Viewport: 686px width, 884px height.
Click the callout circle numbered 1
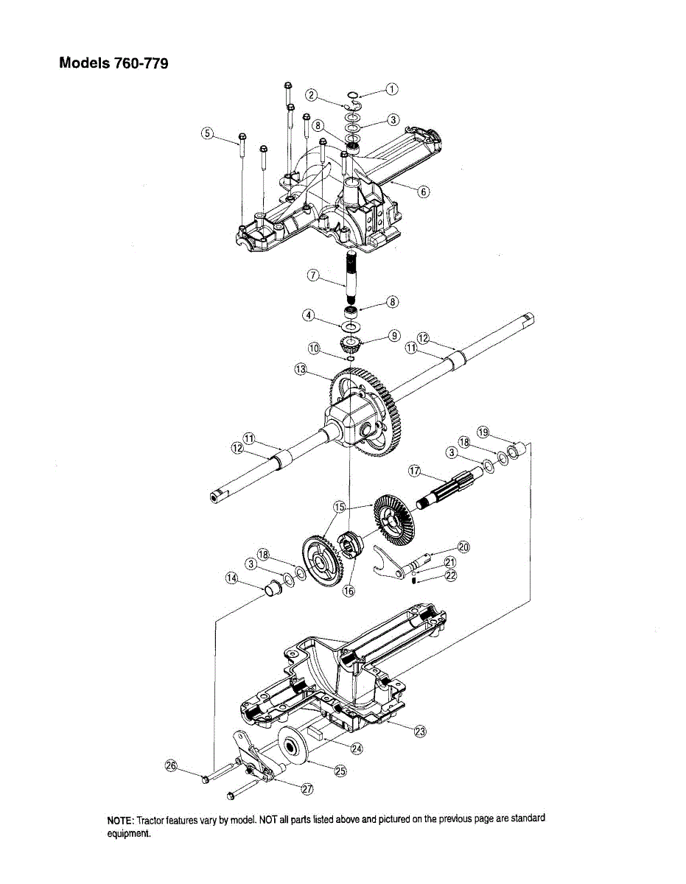click(392, 89)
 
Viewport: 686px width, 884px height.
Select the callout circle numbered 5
click(207, 133)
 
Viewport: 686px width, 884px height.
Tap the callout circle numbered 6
click(423, 192)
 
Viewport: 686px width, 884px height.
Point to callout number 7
click(313, 276)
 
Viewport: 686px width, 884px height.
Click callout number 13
click(300, 369)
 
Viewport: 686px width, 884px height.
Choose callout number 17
click(414, 470)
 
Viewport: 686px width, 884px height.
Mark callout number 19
click(483, 432)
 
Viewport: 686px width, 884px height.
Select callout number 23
click(420, 732)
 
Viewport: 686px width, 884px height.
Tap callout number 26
click(171, 767)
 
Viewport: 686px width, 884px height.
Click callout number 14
click(233, 579)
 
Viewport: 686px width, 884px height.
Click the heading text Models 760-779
click(113, 63)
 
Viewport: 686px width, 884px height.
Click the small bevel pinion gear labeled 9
click(350, 344)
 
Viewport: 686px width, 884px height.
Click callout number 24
click(357, 748)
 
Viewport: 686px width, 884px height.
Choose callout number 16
click(349, 590)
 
